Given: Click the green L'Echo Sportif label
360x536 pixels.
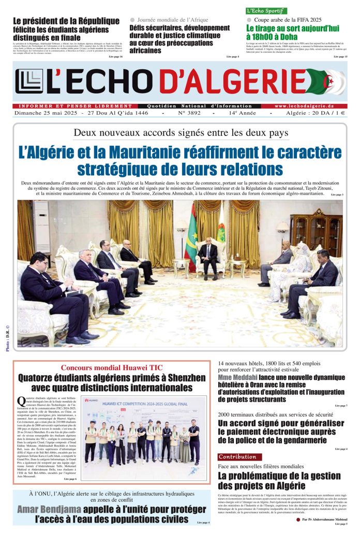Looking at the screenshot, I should point(266,11).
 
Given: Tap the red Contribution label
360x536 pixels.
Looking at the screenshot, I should point(237,457).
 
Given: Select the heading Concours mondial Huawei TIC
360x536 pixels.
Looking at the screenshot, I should point(112,368).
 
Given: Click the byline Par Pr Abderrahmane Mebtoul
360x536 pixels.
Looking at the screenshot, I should point(324,519).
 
